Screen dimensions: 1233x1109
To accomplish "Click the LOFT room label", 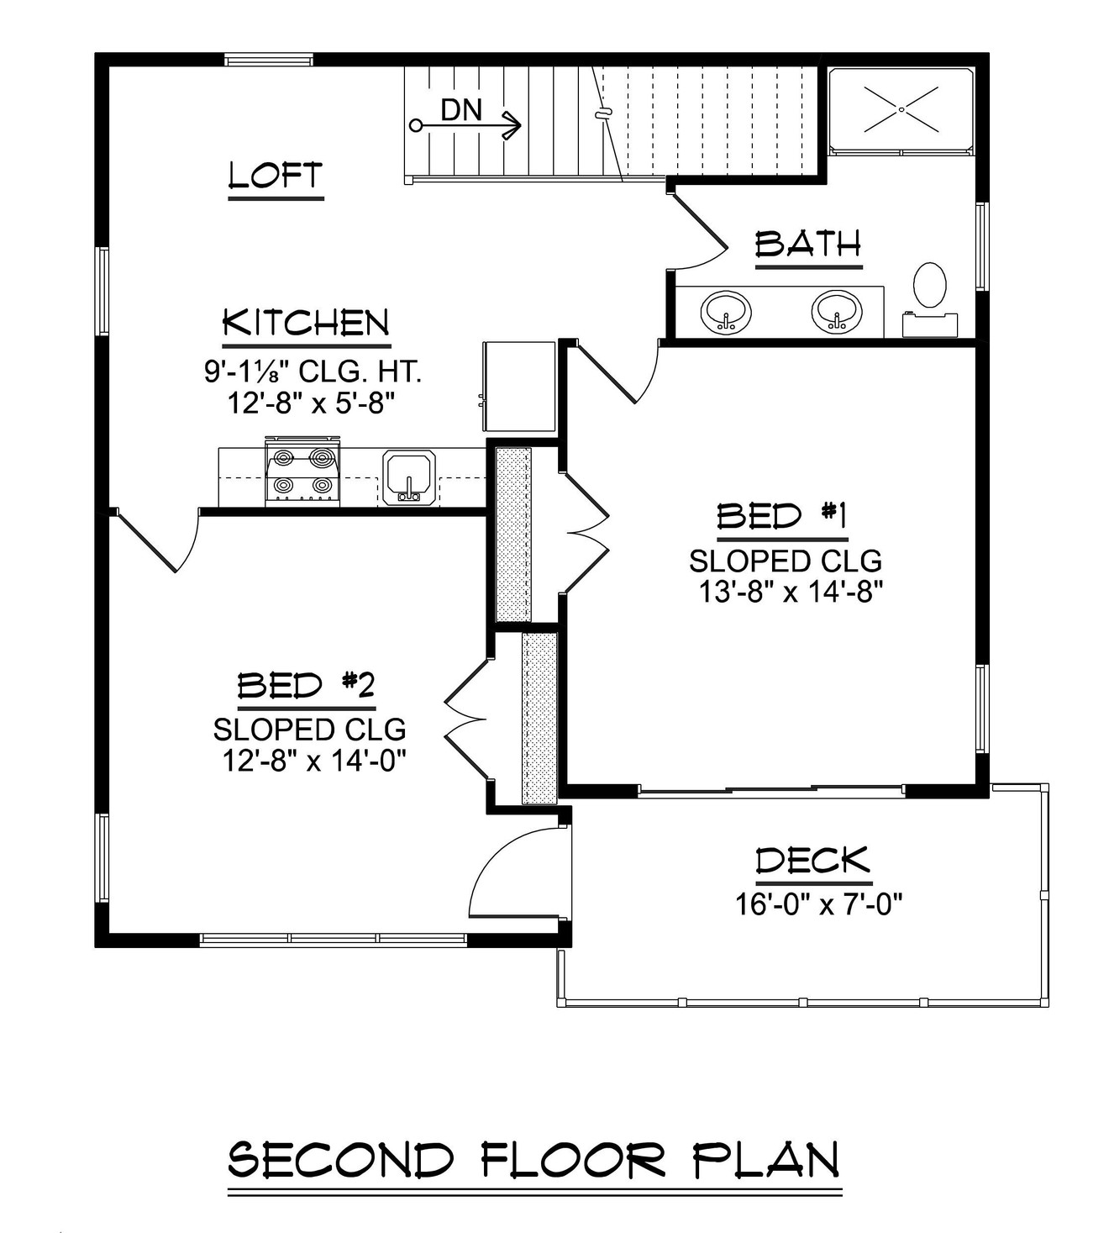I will click(x=276, y=176).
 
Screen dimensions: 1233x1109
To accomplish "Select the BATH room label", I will click(x=808, y=245).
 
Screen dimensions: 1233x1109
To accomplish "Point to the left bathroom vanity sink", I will click(x=726, y=312).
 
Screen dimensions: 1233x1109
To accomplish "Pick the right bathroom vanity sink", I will click(x=837, y=312).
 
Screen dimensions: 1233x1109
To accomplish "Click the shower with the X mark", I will click(x=901, y=109).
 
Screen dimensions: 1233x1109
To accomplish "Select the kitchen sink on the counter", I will click(x=407, y=477).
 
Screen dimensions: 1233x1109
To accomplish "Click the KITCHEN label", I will click(x=307, y=324).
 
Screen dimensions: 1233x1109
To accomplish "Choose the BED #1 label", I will click(x=781, y=515).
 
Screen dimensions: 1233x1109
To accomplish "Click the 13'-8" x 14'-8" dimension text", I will click(x=790, y=592).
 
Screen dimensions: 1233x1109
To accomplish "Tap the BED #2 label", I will click(x=306, y=687).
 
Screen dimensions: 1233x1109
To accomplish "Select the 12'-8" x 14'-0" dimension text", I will click(x=314, y=761).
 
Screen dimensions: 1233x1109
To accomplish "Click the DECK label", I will click(x=812, y=862).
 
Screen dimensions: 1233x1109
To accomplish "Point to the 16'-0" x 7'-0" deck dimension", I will click(x=818, y=904).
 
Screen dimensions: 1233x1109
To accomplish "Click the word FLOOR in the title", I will click(x=574, y=1161).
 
